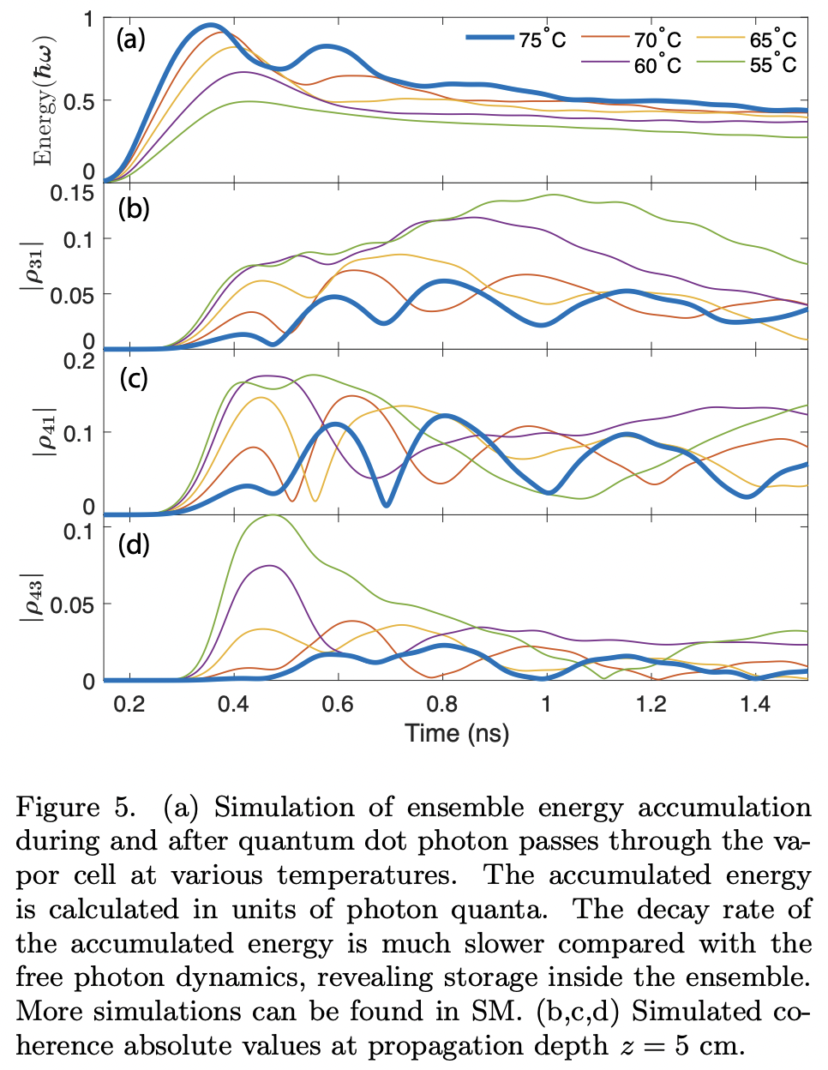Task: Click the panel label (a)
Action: [x=131, y=39]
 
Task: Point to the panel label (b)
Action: [x=134, y=208]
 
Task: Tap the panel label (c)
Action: [x=134, y=378]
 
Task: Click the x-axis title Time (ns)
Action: [x=457, y=733]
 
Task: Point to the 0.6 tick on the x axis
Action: [x=338, y=704]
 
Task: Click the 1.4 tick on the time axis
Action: [x=755, y=704]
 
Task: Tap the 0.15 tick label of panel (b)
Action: [x=72, y=194]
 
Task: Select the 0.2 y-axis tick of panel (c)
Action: [x=79, y=361]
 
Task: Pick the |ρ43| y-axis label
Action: [x=32, y=596]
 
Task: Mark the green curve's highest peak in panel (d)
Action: [x=273, y=515]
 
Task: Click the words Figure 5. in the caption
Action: [x=75, y=808]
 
